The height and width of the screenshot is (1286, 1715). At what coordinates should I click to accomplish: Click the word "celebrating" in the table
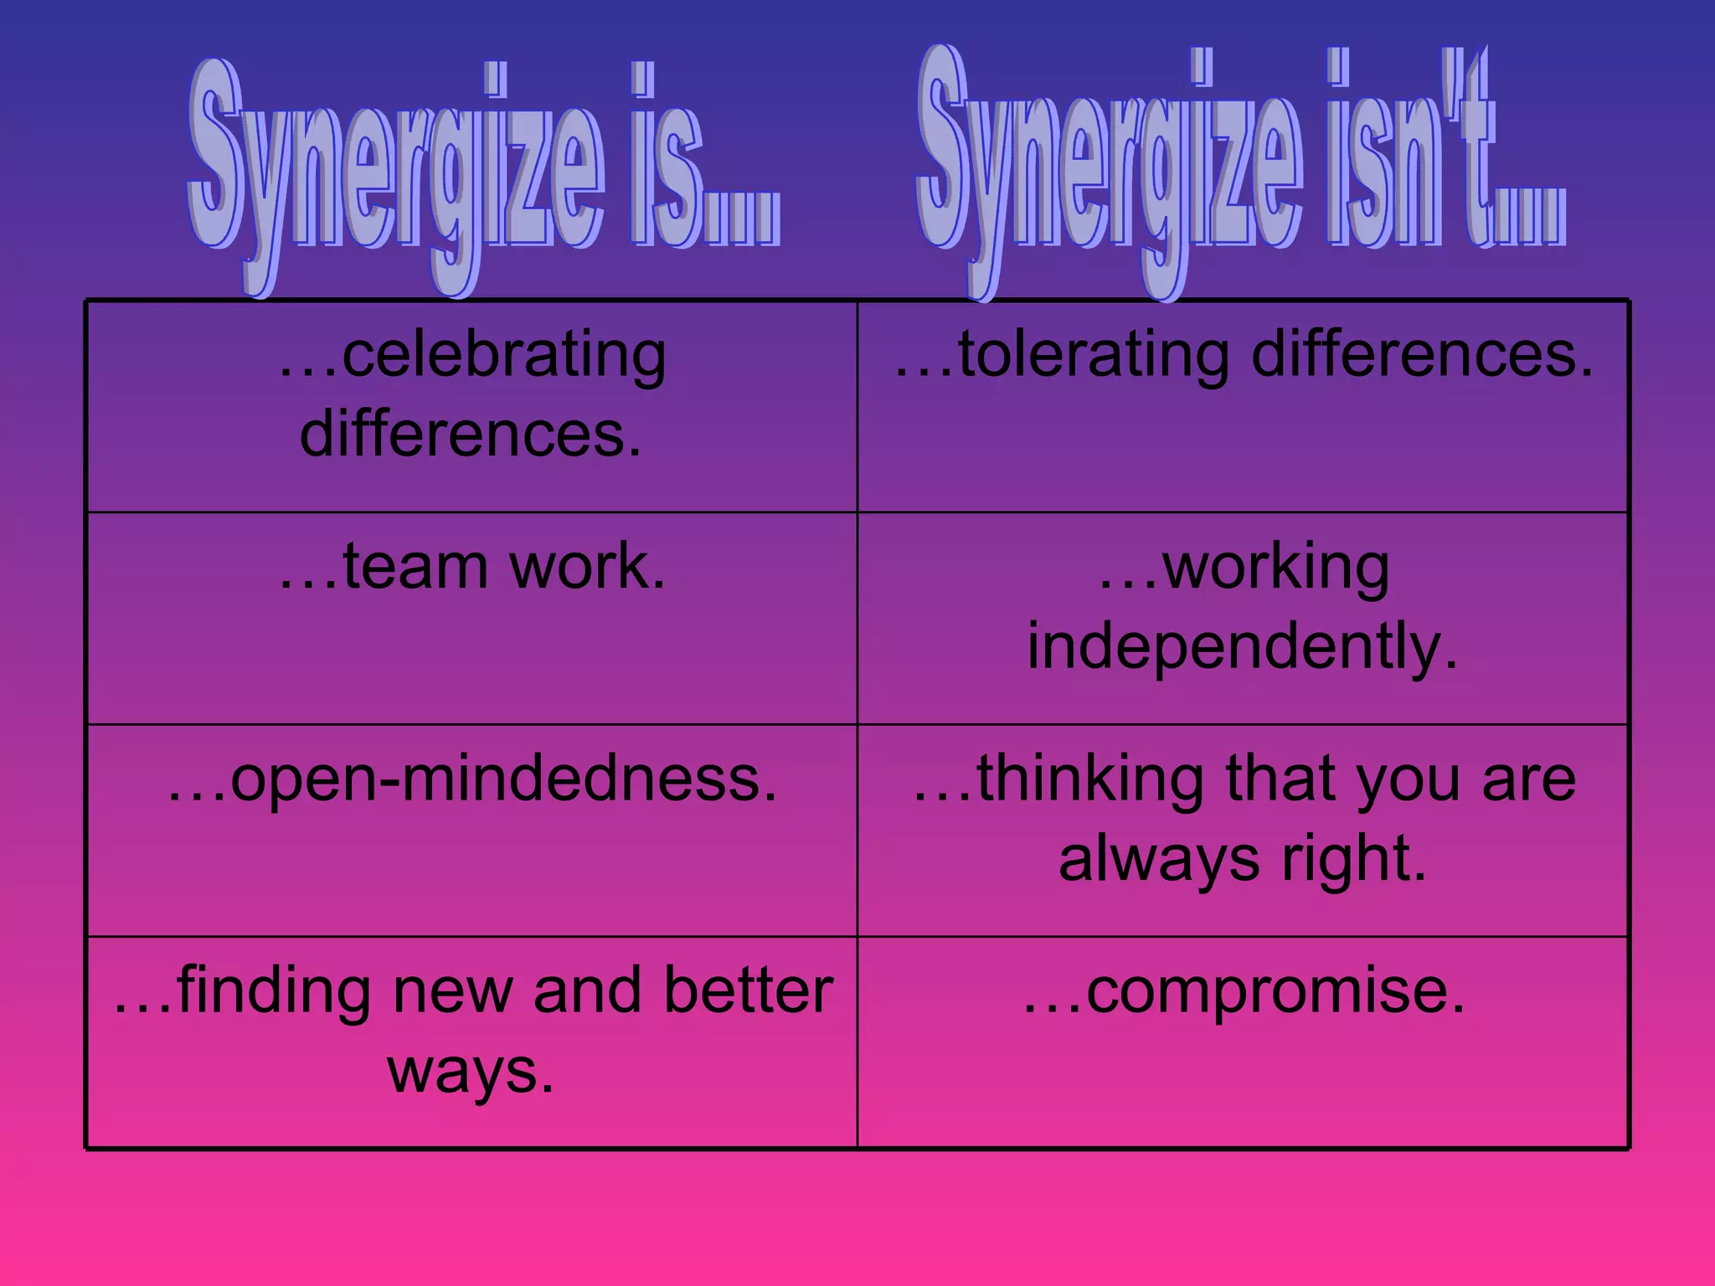(503, 356)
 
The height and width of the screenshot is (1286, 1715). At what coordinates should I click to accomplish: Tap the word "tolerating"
(1094, 356)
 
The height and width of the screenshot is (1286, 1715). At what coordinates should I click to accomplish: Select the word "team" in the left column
(415, 567)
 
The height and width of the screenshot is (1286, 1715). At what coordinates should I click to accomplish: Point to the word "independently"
(1243, 646)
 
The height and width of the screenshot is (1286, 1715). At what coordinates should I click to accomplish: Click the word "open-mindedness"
(503, 779)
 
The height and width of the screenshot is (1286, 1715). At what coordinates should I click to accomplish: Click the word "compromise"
(1275, 990)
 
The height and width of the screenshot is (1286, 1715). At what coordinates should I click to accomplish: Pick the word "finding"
(274, 990)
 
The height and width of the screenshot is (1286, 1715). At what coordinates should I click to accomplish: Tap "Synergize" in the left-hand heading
(394, 167)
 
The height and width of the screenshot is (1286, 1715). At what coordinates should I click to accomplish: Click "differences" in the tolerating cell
(1422, 356)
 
